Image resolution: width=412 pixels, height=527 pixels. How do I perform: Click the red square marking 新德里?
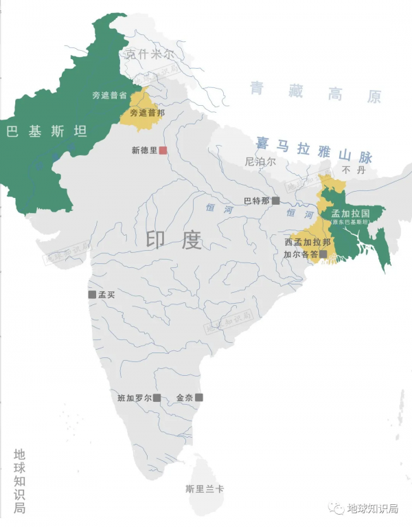point(163,150)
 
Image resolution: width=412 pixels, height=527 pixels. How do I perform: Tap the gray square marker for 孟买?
point(92,294)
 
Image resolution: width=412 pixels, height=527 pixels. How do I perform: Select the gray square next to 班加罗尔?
point(157,397)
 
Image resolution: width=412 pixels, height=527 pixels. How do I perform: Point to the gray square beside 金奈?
point(200,397)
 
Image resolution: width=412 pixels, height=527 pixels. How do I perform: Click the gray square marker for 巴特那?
point(275,201)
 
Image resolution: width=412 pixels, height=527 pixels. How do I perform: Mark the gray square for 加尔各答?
point(323,254)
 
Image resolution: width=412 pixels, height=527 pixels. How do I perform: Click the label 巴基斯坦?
point(47,131)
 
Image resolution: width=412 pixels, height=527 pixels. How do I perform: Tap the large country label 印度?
point(173,240)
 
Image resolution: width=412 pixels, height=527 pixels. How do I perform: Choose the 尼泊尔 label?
point(260,162)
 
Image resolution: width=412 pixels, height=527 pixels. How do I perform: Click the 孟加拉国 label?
point(350,214)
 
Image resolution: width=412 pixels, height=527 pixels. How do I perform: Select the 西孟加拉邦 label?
point(307,242)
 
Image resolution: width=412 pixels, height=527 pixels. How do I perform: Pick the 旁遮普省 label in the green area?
point(111,96)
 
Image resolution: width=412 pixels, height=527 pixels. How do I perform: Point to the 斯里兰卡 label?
point(204,489)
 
